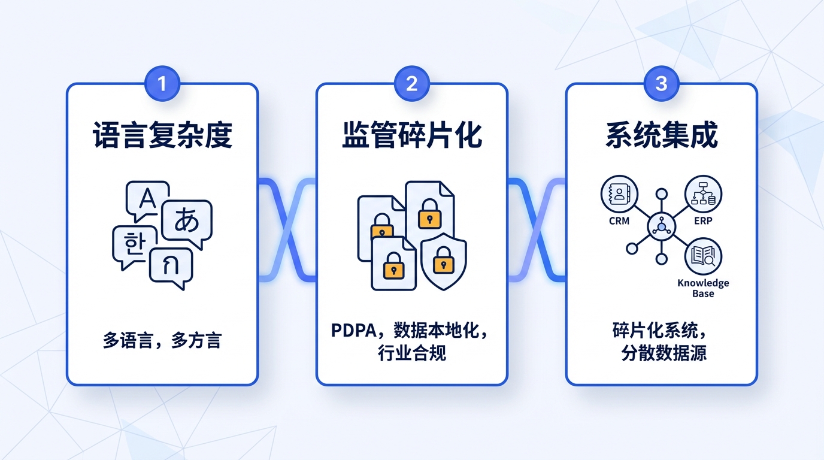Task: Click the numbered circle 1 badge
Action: pyautogui.click(x=162, y=83)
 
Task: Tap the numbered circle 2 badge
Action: pyautogui.click(x=411, y=83)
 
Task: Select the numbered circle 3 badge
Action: pyautogui.click(x=661, y=83)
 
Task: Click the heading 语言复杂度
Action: pyautogui.click(x=162, y=136)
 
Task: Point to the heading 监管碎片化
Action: pyautogui.click(x=411, y=136)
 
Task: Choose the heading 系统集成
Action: pyautogui.click(x=661, y=136)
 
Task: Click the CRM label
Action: pyautogui.click(x=619, y=221)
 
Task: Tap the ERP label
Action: pyautogui.click(x=704, y=221)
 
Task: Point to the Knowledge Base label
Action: pyautogui.click(x=703, y=288)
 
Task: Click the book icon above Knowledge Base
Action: pyautogui.click(x=703, y=256)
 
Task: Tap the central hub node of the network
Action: pyautogui.click(x=661, y=227)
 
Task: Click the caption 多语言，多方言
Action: pyautogui.click(x=162, y=341)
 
